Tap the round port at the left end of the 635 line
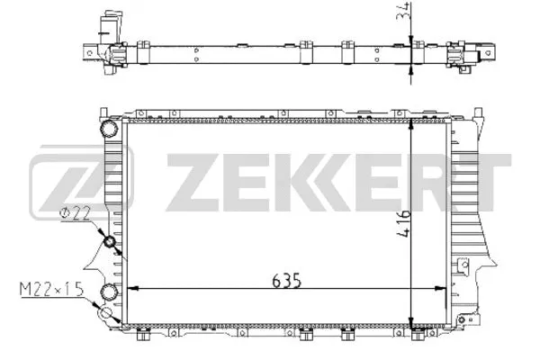111,291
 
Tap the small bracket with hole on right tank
464,266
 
